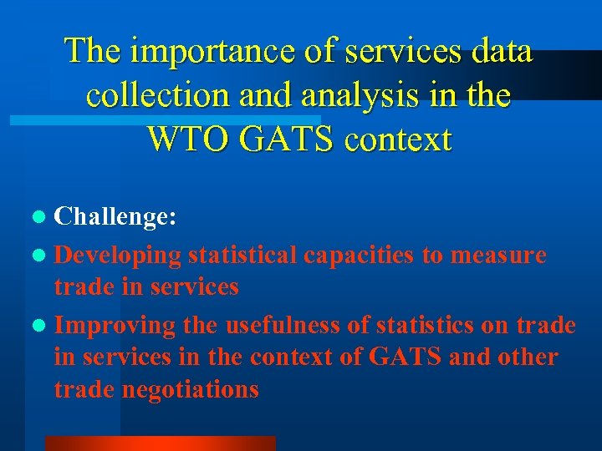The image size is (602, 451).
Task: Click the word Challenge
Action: pos(115,218)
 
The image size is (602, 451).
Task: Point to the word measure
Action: pos(498,255)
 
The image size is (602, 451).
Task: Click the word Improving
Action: pos(115,325)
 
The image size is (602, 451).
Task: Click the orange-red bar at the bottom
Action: pos(160,443)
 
